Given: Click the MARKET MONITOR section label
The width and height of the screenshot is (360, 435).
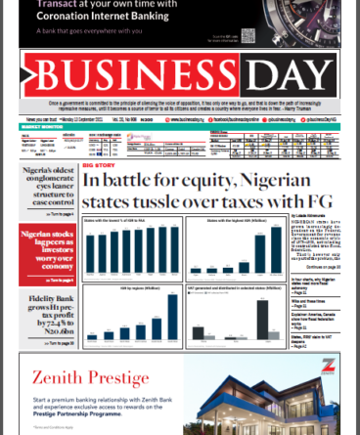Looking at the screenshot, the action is click(40, 126).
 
